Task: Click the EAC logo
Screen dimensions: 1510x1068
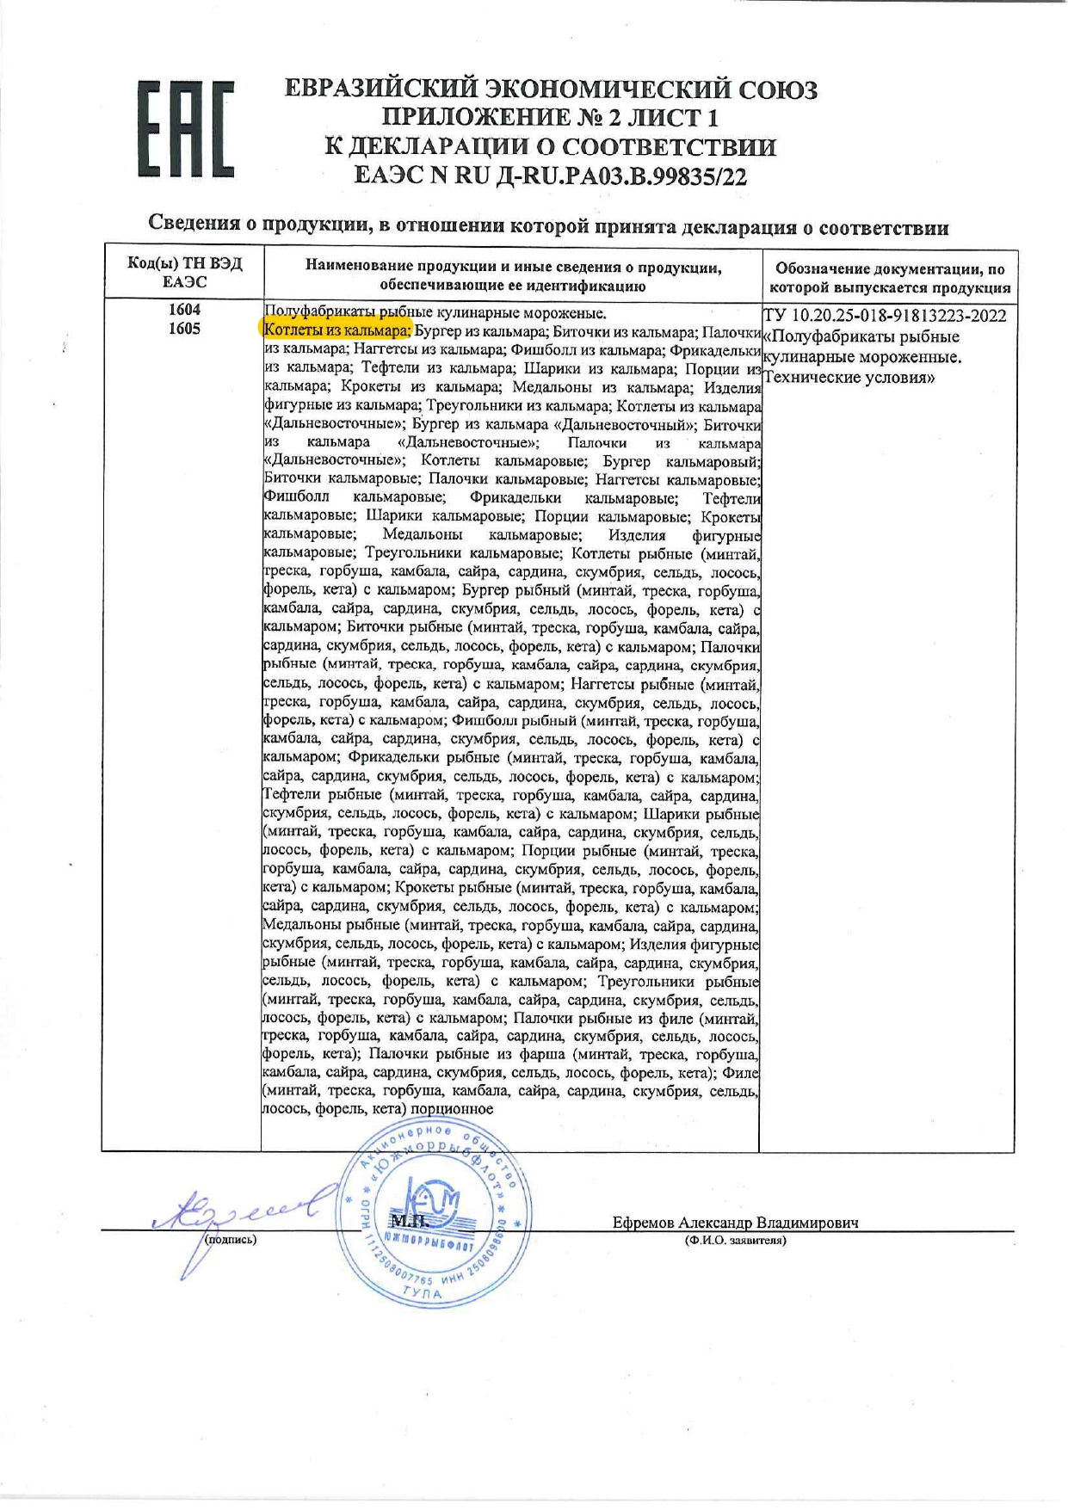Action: [x=185, y=129]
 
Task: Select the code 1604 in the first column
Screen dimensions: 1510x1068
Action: [x=184, y=310]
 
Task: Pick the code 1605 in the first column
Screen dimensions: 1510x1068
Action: [x=184, y=329]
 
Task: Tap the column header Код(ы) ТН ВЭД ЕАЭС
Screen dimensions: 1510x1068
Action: [x=184, y=273]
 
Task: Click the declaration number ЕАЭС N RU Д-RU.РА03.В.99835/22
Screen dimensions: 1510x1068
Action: [x=551, y=177]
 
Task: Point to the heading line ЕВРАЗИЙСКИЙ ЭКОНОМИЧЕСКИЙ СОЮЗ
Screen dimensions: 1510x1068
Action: [x=551, y=89]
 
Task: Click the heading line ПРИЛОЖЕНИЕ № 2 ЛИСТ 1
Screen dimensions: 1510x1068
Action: [x=551, y=117]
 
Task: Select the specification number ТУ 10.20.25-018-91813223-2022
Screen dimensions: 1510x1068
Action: [x=885, y=316]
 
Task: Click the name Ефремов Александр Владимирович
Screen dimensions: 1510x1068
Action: [x=735, y=1223]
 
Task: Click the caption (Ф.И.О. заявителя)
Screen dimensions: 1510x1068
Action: [x=735, y=1240]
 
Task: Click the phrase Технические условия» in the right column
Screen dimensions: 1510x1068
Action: [x=849, y=378]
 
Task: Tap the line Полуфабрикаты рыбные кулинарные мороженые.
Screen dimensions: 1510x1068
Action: [x=435, y=312]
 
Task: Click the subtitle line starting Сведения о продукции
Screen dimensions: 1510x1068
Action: [x=548, y=226]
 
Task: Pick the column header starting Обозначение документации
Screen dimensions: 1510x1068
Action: [x=890, y=279]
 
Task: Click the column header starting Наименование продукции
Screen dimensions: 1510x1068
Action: [x=513, y=276]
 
